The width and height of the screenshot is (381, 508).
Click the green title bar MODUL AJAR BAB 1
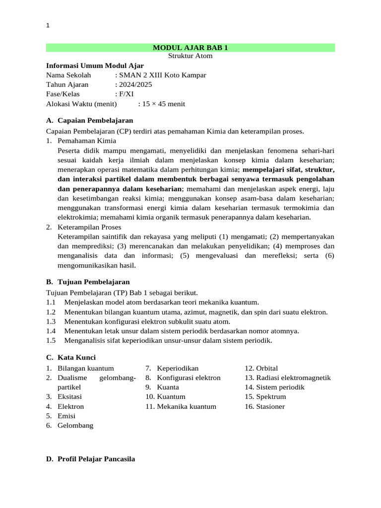(x=190, y=48)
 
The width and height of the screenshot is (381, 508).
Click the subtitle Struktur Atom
(x=190, y=56)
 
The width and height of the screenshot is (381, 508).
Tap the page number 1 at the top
(x=48, y=26)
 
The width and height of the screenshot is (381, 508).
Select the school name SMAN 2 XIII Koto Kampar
(x=162, y=75)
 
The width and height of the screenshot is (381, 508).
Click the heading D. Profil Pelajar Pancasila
(x=90, y=459)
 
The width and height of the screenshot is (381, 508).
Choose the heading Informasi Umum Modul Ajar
(x=95, y=65)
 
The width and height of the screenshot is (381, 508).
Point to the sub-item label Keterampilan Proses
(x=89, y=227)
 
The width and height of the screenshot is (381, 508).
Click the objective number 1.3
(x=51, y=322)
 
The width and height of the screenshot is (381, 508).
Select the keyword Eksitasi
(x=70, y=397)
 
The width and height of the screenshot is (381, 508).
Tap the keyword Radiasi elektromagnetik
(x=293, y=378)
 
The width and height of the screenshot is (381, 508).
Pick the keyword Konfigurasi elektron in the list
(x=189, y=378)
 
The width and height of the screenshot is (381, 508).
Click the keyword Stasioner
(x=270, y=407)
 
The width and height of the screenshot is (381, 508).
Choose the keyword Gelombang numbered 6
(x=75, y=426)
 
